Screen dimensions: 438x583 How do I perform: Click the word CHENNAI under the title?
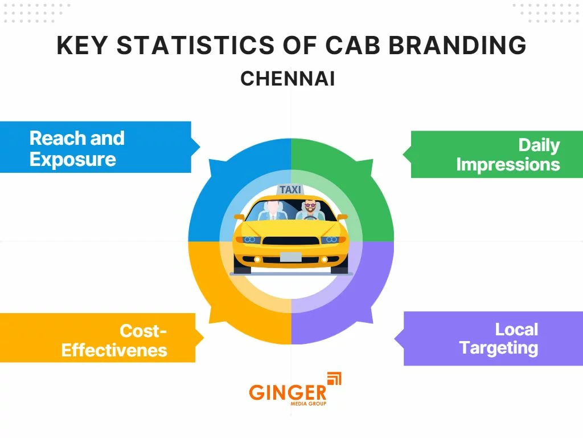coord(288,79)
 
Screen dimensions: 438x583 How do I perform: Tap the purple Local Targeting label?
coord(493,338)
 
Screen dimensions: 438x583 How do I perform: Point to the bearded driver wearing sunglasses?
coord(310,209)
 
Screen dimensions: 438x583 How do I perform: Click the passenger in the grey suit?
coord(273,210)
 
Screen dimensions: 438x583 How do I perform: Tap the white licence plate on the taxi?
coord(290,257)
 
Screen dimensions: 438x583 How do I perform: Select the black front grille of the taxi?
coord(290,241)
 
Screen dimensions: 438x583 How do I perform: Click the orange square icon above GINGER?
coord(334,378)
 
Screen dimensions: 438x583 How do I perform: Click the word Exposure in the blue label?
coord(72,159)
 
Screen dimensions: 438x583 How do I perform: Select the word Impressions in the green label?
coord(508,164)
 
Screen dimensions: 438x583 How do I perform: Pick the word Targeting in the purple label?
coord(498,347)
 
